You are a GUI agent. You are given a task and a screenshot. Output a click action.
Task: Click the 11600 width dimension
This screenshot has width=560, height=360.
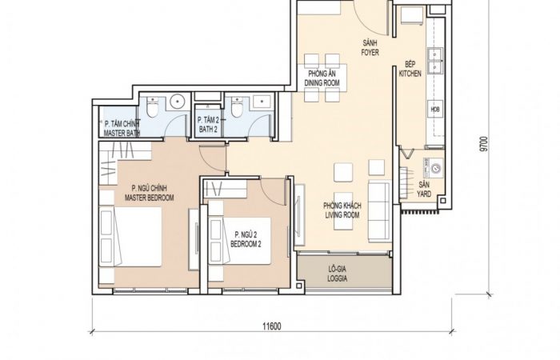[272, 326]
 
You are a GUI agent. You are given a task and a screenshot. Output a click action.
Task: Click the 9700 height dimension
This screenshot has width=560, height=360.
[483, 144]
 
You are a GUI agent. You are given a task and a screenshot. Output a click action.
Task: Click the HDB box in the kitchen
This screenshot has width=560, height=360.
[435, 110]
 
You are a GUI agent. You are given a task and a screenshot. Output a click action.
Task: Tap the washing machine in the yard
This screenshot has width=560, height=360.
[433, 168]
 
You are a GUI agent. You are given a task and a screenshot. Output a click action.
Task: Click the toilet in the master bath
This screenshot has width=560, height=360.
[152, 106]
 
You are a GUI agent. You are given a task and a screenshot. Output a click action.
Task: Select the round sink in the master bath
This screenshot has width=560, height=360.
[177, 101]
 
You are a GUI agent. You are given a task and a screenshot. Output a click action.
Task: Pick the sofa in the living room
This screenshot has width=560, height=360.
[380, 211]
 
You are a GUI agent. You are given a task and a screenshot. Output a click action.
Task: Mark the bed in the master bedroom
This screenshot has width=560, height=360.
[130, 237]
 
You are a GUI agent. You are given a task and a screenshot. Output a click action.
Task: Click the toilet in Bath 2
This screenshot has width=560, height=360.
[237, 106]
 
